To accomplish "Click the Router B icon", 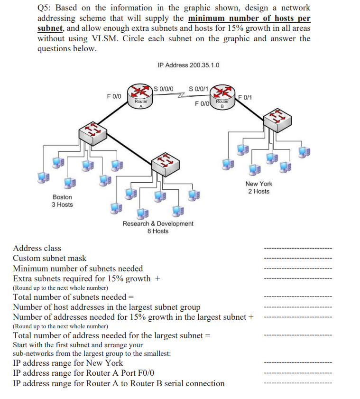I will [x=222, y=95].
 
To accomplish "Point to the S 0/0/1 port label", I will [x=198, y=88].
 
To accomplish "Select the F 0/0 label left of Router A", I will [x=114, y=96].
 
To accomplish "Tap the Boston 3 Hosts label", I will [x=62, y=201].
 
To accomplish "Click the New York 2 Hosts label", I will [x=258, y=187].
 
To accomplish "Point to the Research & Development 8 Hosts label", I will [x=158, y=227].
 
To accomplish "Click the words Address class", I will [x=37, y=248].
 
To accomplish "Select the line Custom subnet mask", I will [x=50, y=259].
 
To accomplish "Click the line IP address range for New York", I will [x=68, y=363].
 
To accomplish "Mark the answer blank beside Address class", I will [x=298, y=249].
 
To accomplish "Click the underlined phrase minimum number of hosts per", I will [x=249, y=19].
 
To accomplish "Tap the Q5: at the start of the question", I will [x=46, y=8].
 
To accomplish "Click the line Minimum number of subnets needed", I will [x=78, y=269].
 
